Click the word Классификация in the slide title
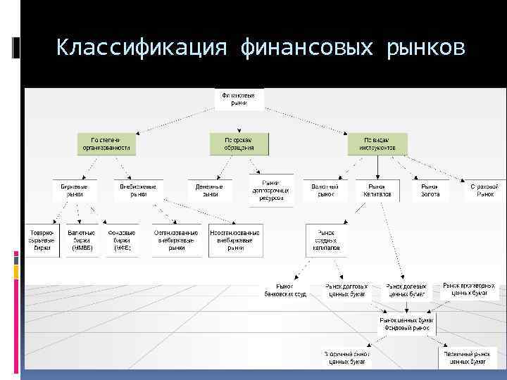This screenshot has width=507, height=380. [x=142, y=49]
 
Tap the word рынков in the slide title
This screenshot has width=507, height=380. [x=425, y=49]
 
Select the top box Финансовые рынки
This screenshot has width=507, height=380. [x=239, y=99]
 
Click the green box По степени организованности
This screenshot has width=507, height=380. [x=107, y=144]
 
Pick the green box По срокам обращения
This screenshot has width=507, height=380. [x=239, y=144]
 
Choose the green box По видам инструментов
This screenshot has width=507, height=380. [x=376, y=144]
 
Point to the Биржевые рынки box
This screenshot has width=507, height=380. [x=74, y=190]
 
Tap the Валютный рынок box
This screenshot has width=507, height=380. [x=325, y=190]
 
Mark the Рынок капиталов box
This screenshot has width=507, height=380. [x=377, y=190]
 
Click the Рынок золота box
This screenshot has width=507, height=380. [x=430, y=190]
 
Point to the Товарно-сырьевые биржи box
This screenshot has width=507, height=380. [x=42, y=239]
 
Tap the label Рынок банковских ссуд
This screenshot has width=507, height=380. [x=284, y=291]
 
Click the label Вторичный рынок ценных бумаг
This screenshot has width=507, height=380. [x=347, y=357]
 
